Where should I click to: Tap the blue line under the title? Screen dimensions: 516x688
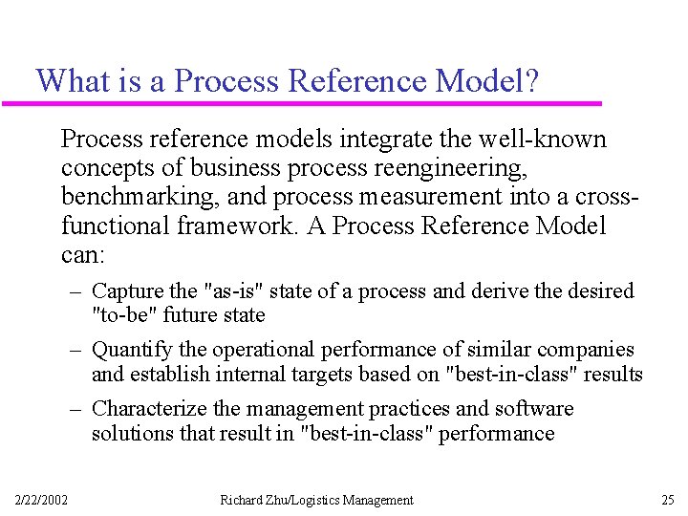click(x=315, y=102)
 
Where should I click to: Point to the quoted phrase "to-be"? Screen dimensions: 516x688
click(x=119, y=314)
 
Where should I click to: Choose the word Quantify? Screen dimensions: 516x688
click(x=132, y=350)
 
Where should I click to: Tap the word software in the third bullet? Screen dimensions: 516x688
click(x=534, y=409)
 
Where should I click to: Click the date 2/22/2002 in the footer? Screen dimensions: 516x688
click(x=41, y=500)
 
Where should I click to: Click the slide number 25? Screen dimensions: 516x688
click(x=667, y=500)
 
